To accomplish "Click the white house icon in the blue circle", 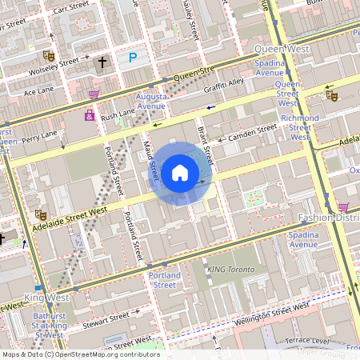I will [180, 172].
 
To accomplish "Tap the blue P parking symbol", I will [133, 57].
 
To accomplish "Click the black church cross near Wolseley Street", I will [102, 62].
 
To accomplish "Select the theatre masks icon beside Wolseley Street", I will [48, 57].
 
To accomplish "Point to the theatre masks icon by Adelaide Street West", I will [40, 214].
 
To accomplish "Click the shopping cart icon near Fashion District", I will [343, 206].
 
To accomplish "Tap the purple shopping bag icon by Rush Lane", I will [89, 115].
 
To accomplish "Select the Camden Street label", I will [252, 132].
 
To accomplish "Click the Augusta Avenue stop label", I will [151, 101].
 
